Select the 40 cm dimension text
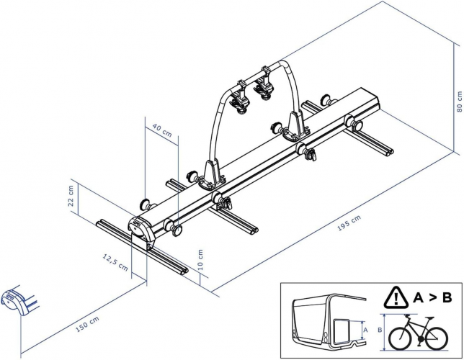pyautogui.click(x=142, y=132)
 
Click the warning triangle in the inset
pyautogui.click(x=396, y=297)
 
